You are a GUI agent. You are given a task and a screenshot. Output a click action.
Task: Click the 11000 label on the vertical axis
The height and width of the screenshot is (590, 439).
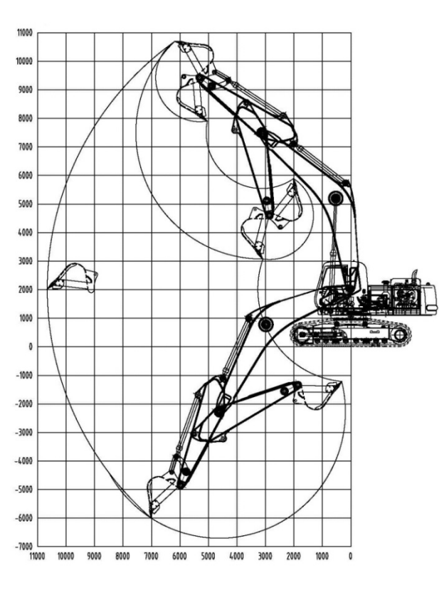click(x=25, y=33)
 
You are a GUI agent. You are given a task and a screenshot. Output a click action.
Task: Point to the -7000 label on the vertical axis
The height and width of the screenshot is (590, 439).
click(x=24, y=547)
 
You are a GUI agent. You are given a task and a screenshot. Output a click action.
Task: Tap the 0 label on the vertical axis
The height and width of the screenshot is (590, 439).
click(x=31, y=347)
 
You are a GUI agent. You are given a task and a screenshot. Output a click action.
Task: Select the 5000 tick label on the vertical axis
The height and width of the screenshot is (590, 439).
click(x=26, y=204)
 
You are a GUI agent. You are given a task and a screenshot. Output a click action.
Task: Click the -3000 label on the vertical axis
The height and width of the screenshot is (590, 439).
click(x=24, y=432)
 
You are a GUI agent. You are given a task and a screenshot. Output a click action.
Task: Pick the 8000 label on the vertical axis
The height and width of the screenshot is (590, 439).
click(x=26, y=119)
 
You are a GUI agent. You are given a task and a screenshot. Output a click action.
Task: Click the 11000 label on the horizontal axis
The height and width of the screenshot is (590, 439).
click(x=38, y=556)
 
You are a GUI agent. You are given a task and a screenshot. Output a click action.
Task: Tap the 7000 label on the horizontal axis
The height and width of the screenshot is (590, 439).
click(x=152, y=556)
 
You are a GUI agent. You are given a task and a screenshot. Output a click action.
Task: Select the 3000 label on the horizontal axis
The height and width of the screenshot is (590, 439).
click(x=265, y=556)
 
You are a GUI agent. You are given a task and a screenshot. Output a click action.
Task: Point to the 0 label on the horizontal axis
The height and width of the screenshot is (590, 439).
click(x=351, y=556)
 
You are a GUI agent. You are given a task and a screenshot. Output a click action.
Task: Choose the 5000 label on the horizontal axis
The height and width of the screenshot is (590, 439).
click(x=208, y=556)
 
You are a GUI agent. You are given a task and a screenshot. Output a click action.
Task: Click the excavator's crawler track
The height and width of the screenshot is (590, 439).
click(x=351, y=334)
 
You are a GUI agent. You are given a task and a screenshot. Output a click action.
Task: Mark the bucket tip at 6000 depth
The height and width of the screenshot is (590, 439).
click(x=151, y=518)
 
